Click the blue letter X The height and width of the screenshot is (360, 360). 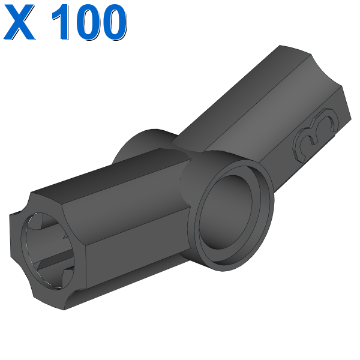[19, 22]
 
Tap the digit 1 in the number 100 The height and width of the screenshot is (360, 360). [61, 22]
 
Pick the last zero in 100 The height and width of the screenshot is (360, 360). [113, 22]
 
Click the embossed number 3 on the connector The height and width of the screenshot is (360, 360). [316, 134]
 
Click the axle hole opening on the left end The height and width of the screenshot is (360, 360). [47, 250]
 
